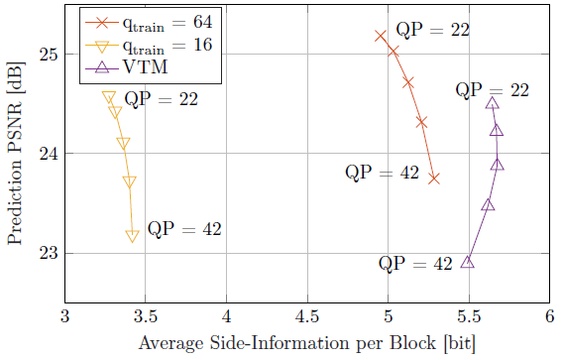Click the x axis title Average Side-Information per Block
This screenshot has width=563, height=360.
pyautogui.click(x=306, y=343)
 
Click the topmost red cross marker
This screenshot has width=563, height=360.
pyautogui.click(x=380, y=36)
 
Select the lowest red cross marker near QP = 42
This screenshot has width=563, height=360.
pyautogui.click(x=433, y=178)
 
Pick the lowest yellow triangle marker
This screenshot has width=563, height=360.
pyautogui.click(x=132, y=236)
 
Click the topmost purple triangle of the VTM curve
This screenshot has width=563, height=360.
pyautogui.click(x=493, y=102)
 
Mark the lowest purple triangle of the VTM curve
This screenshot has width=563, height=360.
pyautogui.click(x=467, y=262)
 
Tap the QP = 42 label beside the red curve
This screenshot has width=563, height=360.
pyautogui.click(x=382, y=173)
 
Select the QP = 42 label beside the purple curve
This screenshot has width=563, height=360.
pyautogui.click(x=415, y=265)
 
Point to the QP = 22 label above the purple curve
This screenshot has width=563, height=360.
pyautogui.click(x=492, y=90)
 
